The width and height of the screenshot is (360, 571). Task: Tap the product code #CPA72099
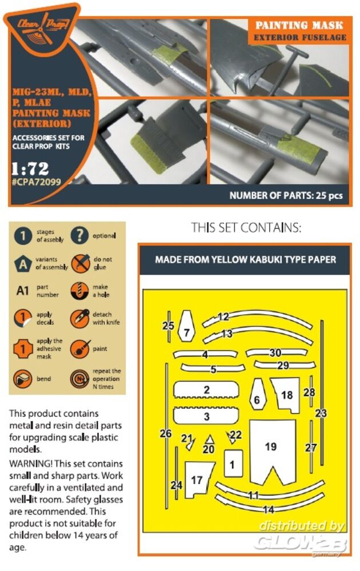(37, 182)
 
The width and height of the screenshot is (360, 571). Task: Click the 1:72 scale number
(30, 168)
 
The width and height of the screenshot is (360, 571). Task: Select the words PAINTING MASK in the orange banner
(299, 25)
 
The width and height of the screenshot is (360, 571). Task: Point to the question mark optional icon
(80, 235)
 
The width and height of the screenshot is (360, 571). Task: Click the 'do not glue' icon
(81, 263)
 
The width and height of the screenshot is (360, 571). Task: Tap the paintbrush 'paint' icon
(80, 348)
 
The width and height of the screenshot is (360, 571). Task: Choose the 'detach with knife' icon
(80, 318)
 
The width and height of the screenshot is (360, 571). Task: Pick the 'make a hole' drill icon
(79, 291)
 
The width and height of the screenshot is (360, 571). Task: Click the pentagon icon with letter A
(23, 263)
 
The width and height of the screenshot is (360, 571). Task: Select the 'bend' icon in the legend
(23, 379)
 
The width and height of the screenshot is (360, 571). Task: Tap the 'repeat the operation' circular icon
(80, 379)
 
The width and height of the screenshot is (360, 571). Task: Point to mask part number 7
(186, 326)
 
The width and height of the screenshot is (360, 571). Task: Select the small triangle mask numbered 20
(210, 440)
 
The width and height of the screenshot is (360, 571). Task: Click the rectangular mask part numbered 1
(233, 463)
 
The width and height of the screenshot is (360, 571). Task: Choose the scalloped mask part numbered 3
(206, 416)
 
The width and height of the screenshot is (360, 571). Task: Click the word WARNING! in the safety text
(31, 464)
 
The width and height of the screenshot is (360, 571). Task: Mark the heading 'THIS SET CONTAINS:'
(246, 228)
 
